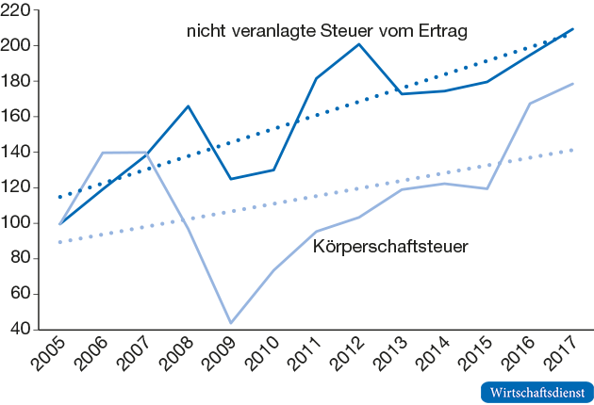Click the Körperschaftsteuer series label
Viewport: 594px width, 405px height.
[390, 247]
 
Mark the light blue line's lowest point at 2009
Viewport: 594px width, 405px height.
[230, 323]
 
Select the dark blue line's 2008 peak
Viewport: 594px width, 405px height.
[189, 105]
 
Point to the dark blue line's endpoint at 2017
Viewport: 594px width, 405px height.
[573, 29]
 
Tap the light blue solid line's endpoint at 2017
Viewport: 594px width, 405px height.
[573, 84]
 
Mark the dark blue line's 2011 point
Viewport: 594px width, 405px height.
[316, 78]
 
